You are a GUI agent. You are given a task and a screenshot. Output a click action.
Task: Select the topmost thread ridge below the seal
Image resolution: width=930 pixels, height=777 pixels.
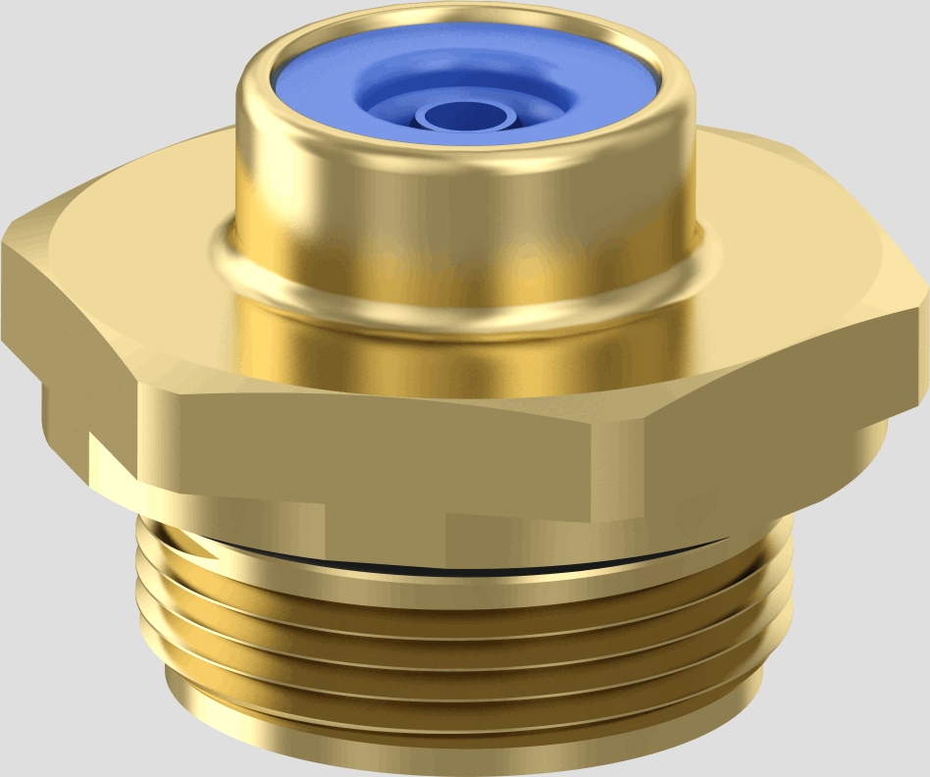pyautogui.click(x=461, y=589)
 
